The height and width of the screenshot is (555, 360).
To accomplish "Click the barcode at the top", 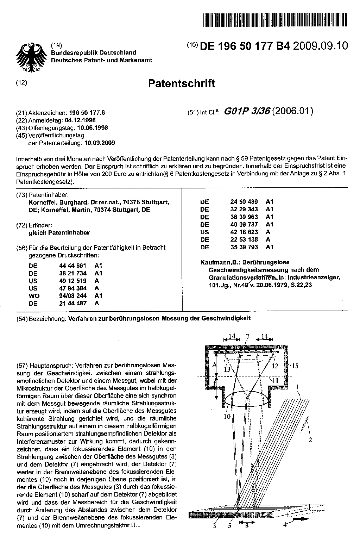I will point(276,20).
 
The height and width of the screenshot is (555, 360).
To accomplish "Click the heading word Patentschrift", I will point(181,84).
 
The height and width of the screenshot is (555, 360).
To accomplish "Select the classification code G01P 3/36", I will point(247,111).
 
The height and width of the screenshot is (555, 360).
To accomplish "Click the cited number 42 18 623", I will point(244,232).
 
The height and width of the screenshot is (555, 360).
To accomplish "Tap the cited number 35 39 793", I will point(244,247).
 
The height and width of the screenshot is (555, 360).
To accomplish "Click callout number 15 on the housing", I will point(295,366).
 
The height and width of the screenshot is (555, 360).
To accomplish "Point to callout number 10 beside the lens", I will point(227,417).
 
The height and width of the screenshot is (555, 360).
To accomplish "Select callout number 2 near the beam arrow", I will point(310,440).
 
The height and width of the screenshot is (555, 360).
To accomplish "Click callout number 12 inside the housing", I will point(274,366).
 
